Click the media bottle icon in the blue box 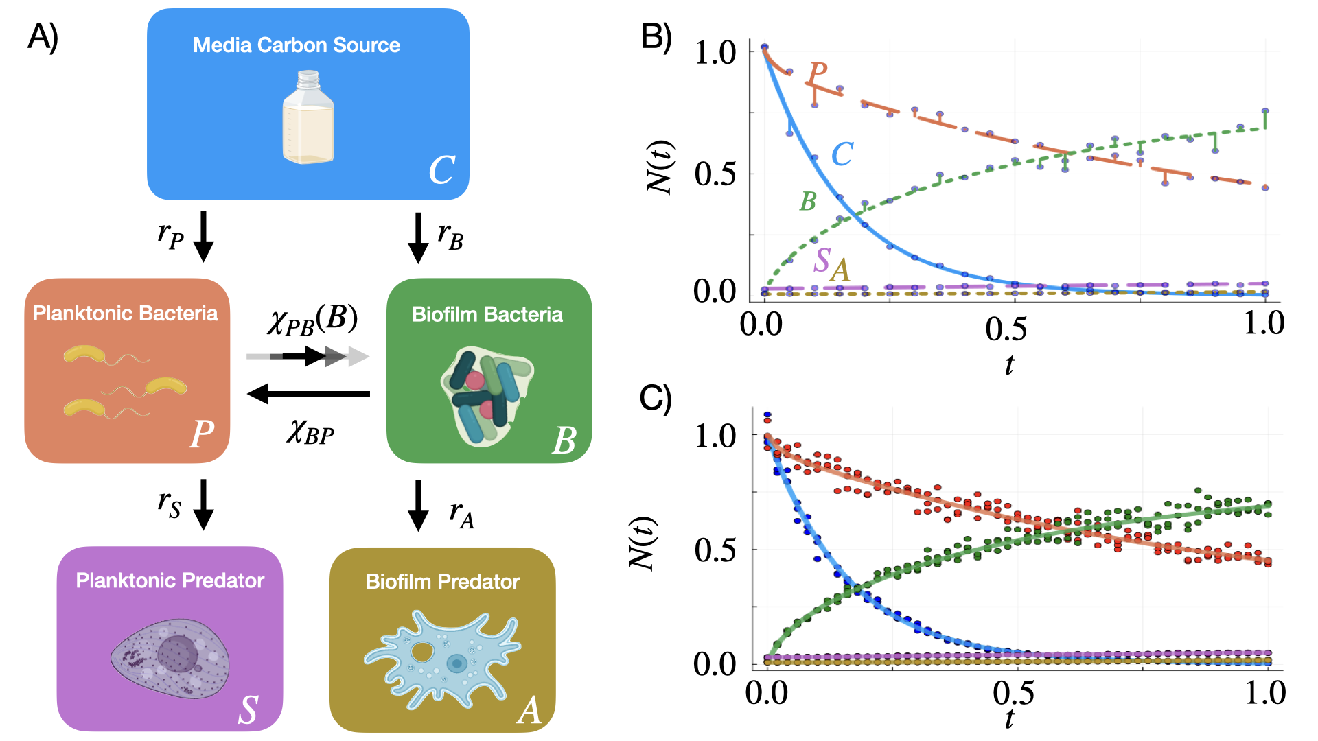coord(308,117)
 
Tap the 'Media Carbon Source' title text coord(297,45)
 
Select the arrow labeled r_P coord(203,237)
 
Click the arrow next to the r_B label coord(417,237)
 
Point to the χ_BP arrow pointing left coord(308,394)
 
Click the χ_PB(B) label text coord(312,320)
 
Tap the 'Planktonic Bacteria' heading coord(125,314)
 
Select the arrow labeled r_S coord(203,505)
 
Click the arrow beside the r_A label coord(417,506)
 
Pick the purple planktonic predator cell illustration coord(170,658)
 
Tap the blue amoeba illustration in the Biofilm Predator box coord(443,659)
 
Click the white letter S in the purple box coord(248,709)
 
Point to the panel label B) coord(656,36)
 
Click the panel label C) coord(655,399)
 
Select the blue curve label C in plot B coord(842,154)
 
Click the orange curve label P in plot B coord(818,72)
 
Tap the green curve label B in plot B coord(808,202)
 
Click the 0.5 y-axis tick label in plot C coord(715,550)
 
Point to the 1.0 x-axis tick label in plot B coord(1264,322)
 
